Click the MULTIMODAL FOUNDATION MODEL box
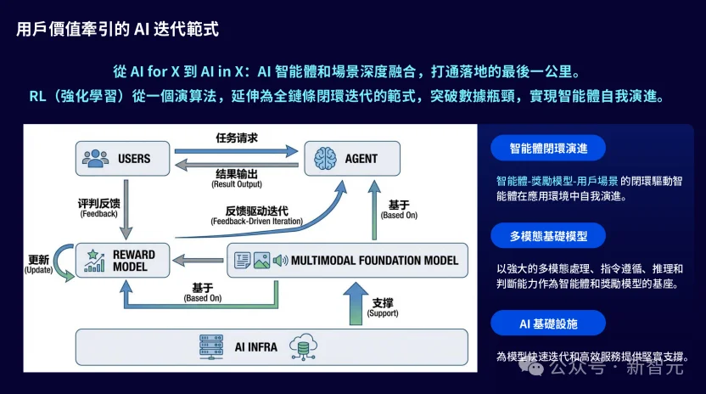click(x=348, y=260)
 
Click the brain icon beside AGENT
click(x=326, y=158)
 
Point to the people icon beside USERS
click(x=95, y=158)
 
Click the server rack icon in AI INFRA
click(x=206, y=346)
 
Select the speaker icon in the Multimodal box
click(x=280, y=260)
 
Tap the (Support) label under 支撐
click(x=383, y=313)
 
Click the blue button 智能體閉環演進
click(x=547, y=148)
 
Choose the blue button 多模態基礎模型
click(x=547, y=235)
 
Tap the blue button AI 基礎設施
click(x=547, y=323)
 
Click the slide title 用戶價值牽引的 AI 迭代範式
click(x=118, y=30)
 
